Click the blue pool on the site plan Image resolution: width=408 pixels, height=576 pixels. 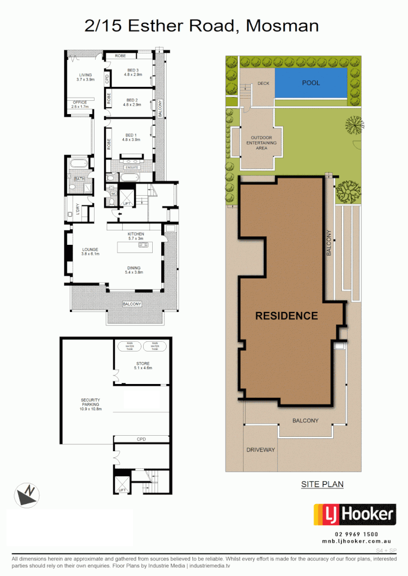(311, 83)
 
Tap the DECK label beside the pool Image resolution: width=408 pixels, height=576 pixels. (263, 84)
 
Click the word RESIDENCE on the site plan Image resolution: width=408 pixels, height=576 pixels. (286, 316)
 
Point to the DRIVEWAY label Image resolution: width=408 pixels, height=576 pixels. (261, 450)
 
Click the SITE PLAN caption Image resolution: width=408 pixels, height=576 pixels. (322, 484)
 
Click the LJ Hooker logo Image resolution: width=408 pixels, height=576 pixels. (354, 515)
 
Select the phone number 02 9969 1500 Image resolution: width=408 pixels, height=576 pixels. (356, 534)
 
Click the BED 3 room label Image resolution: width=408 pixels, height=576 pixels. (132, 73)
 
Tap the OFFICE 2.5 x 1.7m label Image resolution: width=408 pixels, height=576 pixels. (80, 105)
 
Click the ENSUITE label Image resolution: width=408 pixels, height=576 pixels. (131, 167)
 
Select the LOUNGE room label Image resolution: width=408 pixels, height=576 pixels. (90, 251)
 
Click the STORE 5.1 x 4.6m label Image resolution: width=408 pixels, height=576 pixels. (143, 366)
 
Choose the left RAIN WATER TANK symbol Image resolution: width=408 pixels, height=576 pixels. (130, 346)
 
